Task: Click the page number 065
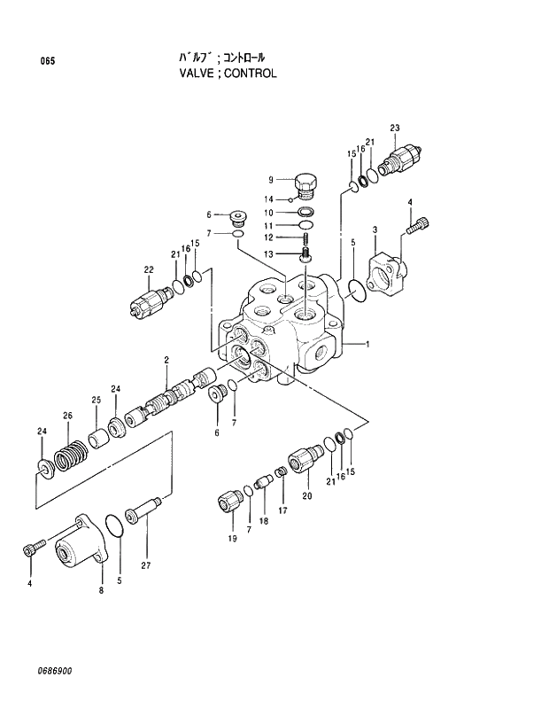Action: [x=47, y=61]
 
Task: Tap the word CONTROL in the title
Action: [x=250, y=74]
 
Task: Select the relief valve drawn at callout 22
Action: [x=146, y=300]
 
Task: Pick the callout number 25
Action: [x=95, y=399]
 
